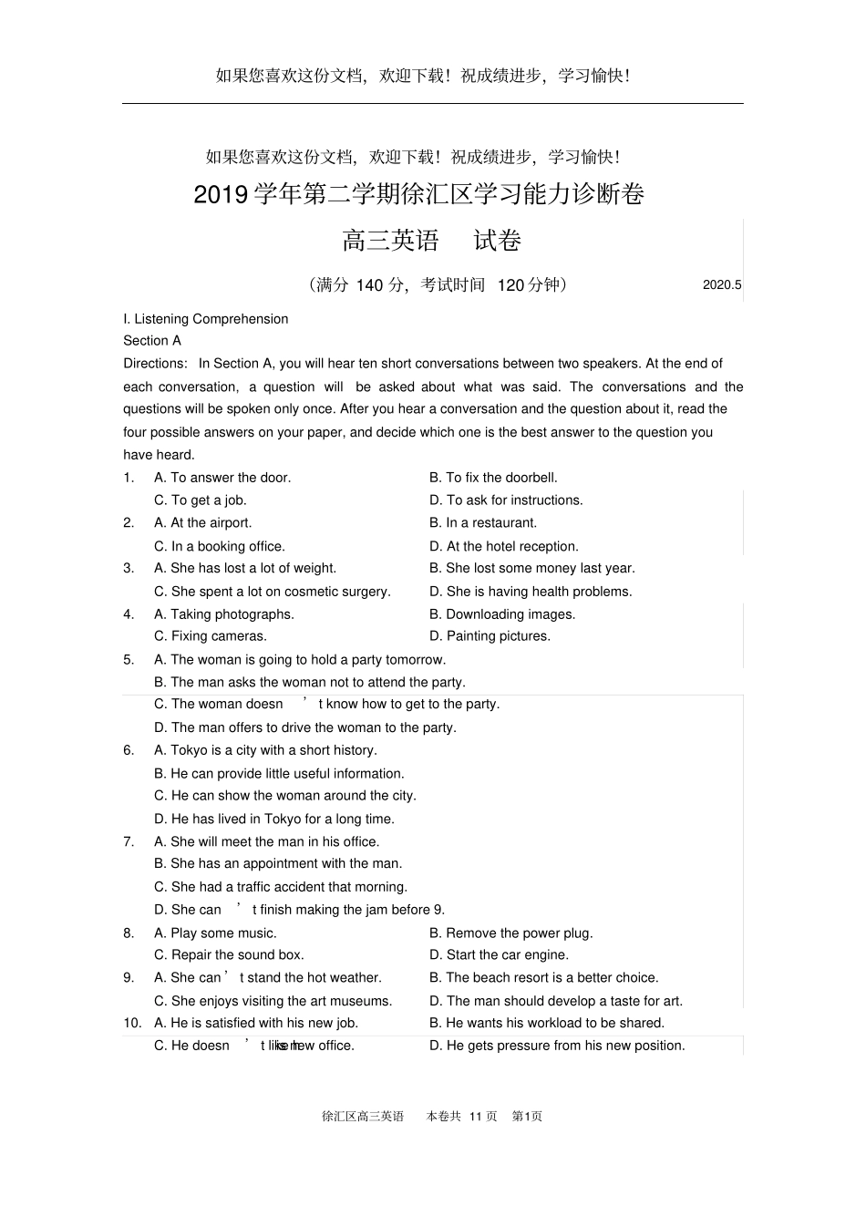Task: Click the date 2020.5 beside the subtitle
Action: tap(722, 285)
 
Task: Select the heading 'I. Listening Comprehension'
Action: tap(206, 319)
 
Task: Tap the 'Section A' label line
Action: tap(152, 341)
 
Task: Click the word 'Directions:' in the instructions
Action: tap(155, 364)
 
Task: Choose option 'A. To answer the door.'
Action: tap(222, 478)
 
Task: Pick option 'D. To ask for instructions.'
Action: tap(506, 500)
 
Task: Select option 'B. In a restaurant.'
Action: tap(483, 523)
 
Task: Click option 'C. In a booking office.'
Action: tap(220, 547)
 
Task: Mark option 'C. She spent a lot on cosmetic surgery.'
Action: tap(273, 592)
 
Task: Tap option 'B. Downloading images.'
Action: tap(502, 614)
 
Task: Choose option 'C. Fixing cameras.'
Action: tap(211, 636)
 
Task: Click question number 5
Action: tap(129, 660)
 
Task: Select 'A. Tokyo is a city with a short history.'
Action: tap(265, 750)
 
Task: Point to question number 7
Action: tap(129, 842)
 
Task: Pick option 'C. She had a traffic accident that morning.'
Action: tap(281, 887)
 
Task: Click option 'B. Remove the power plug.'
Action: tap(511, 933)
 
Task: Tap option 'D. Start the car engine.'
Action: tap(499, 955)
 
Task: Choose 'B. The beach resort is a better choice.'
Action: tap(544, 978)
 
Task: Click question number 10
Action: tap(132, 1024)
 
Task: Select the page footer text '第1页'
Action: tap(527, 1117)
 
